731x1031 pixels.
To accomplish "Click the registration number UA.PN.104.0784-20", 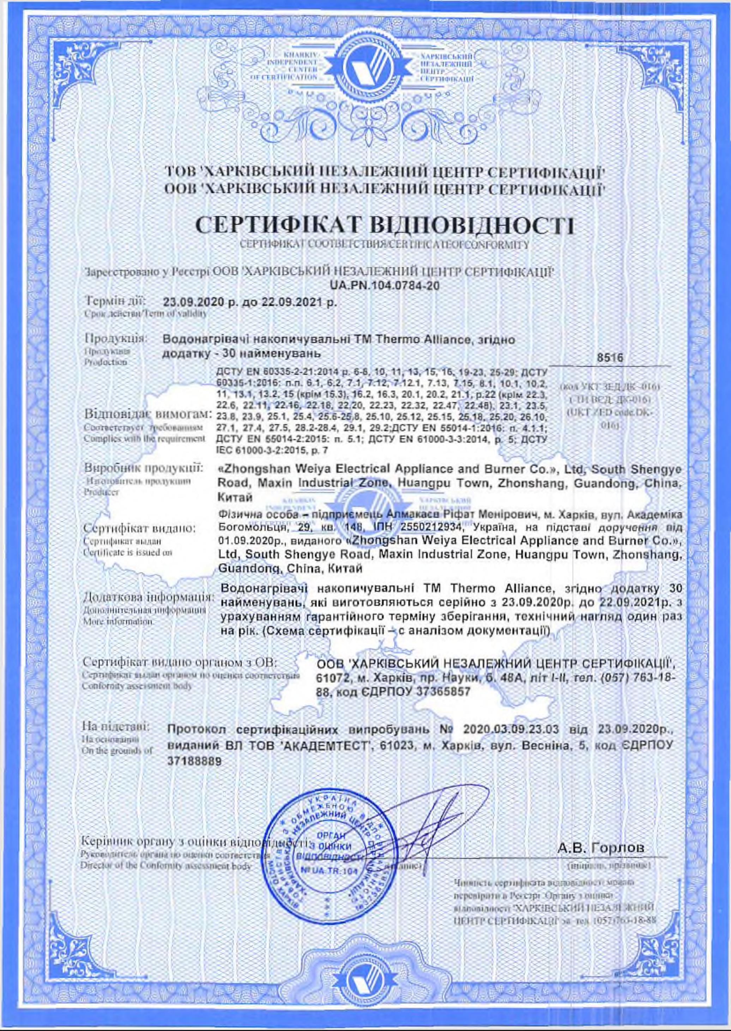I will tap(384, 285).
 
